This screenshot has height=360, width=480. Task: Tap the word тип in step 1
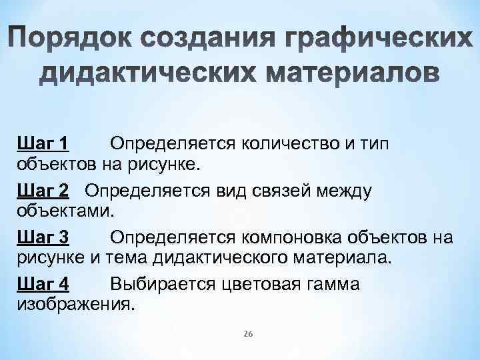[x=374, y=143]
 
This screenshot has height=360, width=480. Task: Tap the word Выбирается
[x=163, y=285]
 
